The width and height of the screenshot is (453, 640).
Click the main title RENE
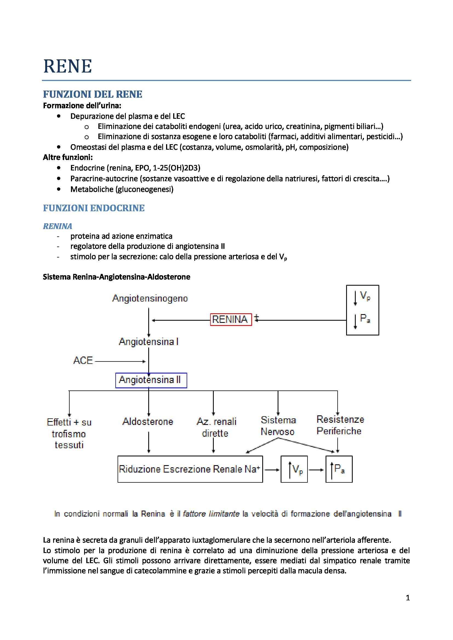point(67,66)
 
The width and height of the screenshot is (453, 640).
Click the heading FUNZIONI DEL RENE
point(92,94)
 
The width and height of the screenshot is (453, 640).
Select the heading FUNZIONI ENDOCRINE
point(93,208)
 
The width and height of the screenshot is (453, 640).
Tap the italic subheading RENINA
point(58,226)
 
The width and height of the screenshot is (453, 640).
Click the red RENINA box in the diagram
point(231,319)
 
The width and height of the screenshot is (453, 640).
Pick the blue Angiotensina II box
point(151,380)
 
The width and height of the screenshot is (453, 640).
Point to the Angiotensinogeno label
point(150,299)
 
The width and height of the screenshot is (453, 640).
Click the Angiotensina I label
point(149,342)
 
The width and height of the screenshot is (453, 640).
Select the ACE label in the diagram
point(83,360)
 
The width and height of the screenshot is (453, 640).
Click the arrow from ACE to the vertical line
point(120,361)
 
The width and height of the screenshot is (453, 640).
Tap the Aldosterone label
point(148,421)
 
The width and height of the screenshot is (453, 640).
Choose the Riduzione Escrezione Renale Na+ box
point(190,469)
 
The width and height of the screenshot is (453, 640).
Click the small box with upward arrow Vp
point(294,469)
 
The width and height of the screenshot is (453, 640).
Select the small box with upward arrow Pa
point(339,469)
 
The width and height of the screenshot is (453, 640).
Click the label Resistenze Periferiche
point(340,425)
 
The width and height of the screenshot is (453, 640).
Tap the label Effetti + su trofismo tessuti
point(69,433)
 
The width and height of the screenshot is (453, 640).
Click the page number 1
point(408,598)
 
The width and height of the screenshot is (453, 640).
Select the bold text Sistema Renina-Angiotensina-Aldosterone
point(116,277)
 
